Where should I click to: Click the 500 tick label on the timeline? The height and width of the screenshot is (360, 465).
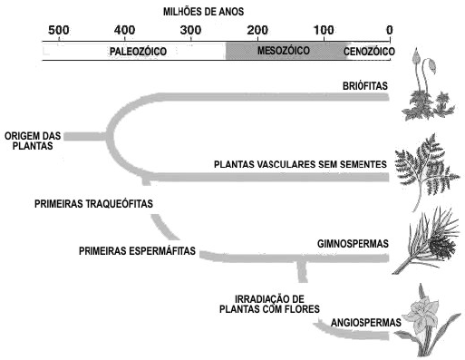coord(59,30)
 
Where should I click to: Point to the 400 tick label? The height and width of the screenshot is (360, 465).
coord(125,30)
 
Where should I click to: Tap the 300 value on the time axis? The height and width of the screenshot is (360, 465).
coord(191,30)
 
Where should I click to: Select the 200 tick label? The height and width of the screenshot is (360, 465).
coord(257,30)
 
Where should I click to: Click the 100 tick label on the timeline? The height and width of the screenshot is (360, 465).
coord(324,30)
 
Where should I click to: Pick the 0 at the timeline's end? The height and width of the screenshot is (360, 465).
coord(390,30)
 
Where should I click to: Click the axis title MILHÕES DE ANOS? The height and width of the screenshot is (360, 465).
coord(204,12)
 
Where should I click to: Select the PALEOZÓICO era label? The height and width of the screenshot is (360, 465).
coord(138,52)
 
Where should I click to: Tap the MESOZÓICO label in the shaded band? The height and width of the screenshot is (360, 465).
coord(284,51)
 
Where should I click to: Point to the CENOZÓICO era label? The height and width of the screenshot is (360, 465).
coord(369,52)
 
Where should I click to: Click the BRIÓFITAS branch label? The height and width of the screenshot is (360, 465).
coord(365,86)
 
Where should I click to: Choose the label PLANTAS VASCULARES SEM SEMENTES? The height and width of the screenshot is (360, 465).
coord(300,164)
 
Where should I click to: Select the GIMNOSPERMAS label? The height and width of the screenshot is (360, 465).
coord(353,244)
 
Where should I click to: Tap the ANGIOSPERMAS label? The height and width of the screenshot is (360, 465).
coord(366,323)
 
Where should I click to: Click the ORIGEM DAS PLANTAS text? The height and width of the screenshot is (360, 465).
coord(33,141)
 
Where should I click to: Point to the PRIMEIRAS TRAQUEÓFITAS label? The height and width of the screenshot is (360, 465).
coord(93,204)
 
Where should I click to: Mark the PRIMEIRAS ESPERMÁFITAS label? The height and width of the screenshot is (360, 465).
coord(137,251)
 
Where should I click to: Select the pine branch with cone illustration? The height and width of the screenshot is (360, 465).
coord(426,240)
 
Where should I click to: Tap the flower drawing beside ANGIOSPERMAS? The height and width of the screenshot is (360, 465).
coord(426,320)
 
